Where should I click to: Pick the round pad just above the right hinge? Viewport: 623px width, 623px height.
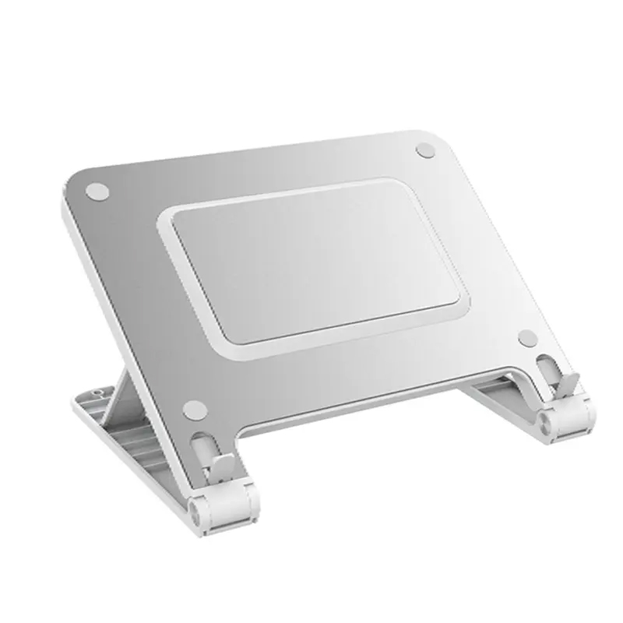click(527, 337)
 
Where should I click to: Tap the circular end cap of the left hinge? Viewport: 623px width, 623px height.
click(194, 511)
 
